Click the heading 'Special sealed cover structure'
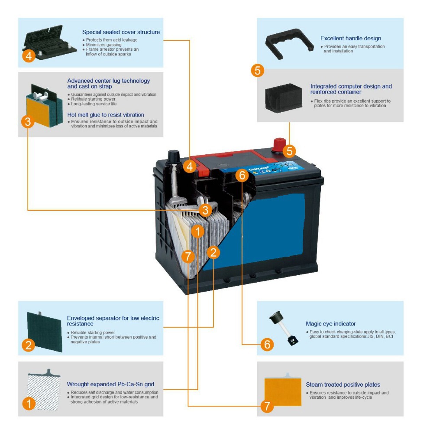[x=121, y=32]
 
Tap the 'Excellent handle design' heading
[x=351, y=39]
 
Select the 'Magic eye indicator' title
[x=330, y=323]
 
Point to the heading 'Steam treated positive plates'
[x=343, y=385]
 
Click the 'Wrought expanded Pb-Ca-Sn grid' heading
[x=110, y=384]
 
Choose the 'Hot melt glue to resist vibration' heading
[x=106, y=115]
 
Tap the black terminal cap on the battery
[x=174, y=155]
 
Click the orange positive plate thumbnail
[x=283, y=390]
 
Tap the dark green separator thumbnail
[x=45, y=330]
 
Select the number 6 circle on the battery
[x=242, y=175]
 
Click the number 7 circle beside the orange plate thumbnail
[x=267, y=406]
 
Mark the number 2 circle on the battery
[x=213, y=252]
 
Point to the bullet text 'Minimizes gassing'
[x=103, y=45]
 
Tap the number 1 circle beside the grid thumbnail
[x=29, y=404]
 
